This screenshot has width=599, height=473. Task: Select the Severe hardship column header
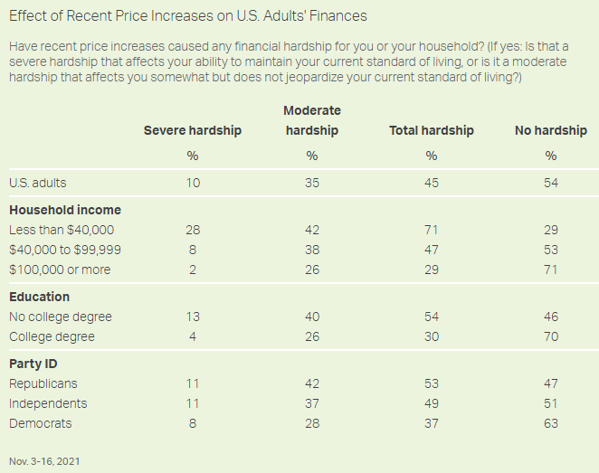click(x=193, y=130)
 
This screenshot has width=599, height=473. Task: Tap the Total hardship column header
click(x=432, y=130)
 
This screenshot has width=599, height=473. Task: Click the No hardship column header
click(x=551, y=130)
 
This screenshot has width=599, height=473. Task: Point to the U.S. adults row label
click(x=38, y=183)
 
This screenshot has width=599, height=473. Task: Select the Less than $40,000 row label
click(x=62, y=230)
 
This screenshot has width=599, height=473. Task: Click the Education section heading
click(x=40, y=297)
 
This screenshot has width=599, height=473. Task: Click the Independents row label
click(x=48, y=403)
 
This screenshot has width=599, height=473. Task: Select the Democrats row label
click(x=41, y=423)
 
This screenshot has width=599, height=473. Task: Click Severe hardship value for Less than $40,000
click(x=193, y=230)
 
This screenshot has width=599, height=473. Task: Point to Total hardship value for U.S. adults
click(x=432, y=183)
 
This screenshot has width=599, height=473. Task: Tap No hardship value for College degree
click(x=551, y=336)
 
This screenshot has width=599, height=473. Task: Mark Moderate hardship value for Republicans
click(x=311, y=383)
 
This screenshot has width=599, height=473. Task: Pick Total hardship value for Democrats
click(x=432, y=423)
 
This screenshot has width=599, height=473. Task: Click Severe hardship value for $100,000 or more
click(x=193, y=270)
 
